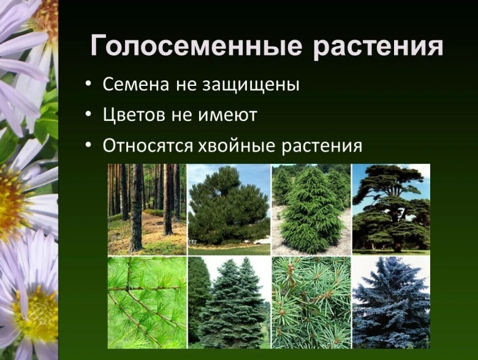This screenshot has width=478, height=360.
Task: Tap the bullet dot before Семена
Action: (90, 85)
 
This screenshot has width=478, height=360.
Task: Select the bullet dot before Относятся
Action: (90, 146)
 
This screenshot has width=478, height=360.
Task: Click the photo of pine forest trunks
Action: (146, 209)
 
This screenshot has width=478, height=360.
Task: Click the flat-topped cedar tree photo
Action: (390, 209)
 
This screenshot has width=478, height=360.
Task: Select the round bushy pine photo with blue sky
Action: (229, 209)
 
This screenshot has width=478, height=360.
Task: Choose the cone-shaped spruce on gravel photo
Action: (311, 209)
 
